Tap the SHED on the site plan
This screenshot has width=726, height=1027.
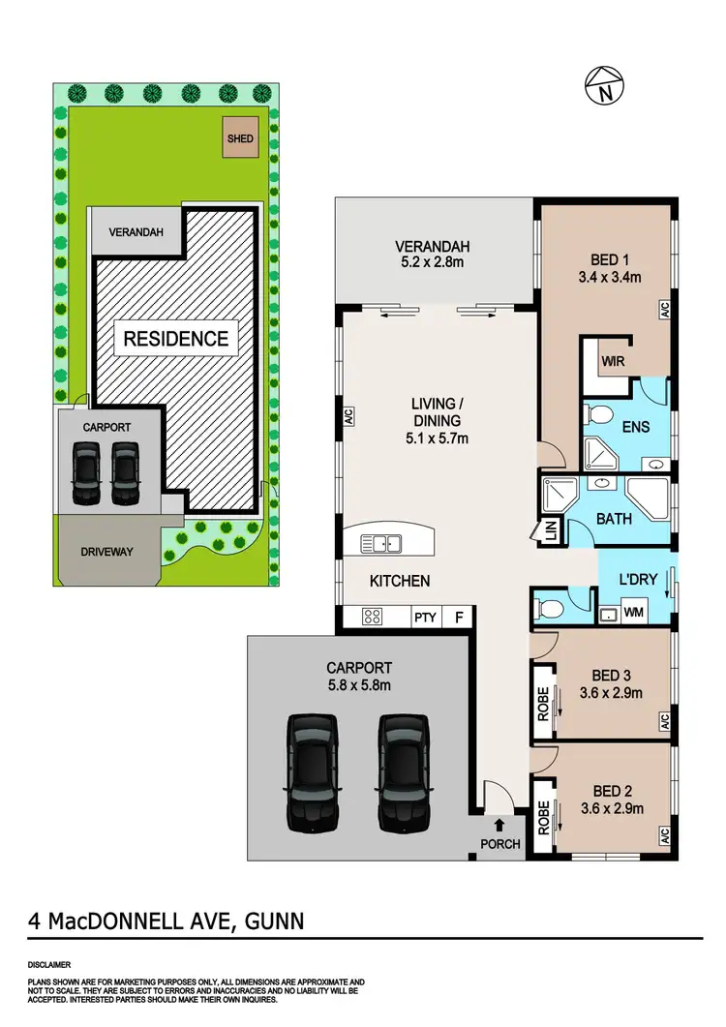pos(240,138)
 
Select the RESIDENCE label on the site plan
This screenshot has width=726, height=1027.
pos(175,339)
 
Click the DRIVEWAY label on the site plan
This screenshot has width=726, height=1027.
pos(107,552)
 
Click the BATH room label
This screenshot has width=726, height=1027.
pos(614,519)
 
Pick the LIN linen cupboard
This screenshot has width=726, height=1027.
pos(551,530)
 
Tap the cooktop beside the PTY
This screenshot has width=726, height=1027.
pos(373,617)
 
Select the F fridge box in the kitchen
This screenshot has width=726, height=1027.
pos(458,617)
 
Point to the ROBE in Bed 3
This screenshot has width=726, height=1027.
pos(544,704)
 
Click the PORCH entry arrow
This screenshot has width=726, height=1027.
pos(499,825)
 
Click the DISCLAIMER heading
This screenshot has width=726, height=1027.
pos(48,965)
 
